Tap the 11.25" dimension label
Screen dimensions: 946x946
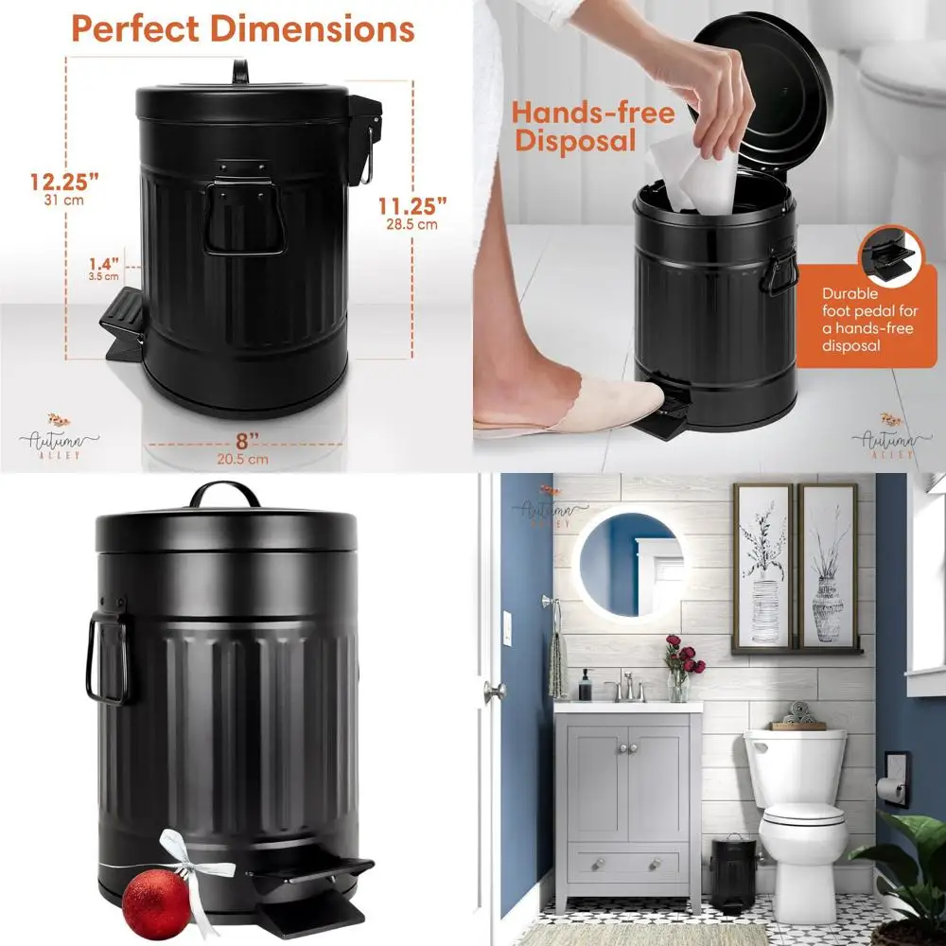[x=413, y=205]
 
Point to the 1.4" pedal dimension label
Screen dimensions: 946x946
[x=104, y=265]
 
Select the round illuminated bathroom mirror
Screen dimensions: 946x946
[x=631, y=565]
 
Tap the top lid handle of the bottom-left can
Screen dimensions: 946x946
[x=224, y=493]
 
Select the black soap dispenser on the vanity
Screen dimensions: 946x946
[x=586, y=686]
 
